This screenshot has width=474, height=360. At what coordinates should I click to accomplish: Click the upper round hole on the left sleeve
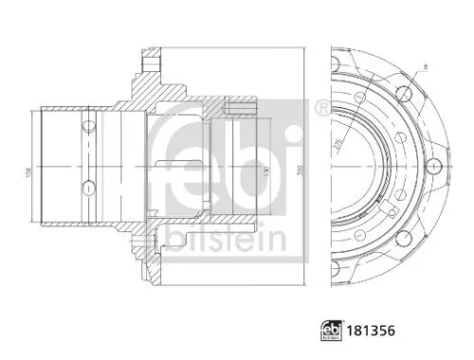click(87, 123)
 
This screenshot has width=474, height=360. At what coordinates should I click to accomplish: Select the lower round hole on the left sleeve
click(87, 185)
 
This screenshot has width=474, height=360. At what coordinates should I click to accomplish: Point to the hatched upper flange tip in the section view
click(149, 67)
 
